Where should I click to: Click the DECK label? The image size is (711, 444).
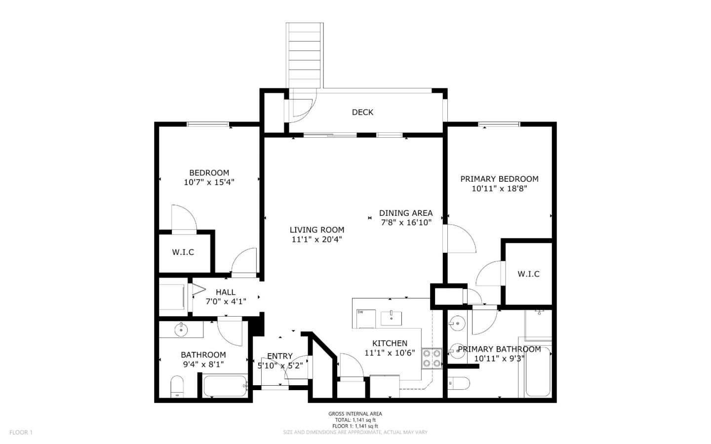pyautogui.click(x=362, y=112)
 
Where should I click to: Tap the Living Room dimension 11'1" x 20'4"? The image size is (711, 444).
pyautogui.click(x=316, y=240)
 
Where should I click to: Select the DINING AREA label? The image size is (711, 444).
pyautogui.click(x=405, y=213)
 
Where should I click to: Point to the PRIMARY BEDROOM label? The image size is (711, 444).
pyautogui.click(x=499, y=179)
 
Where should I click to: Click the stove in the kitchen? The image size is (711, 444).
pyautogui.click(x=431, y=358)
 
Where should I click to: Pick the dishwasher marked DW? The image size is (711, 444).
pyautogui.click(x=366, y=319)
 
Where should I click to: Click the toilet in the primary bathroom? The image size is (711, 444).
pyautogui.click(x=457, y=383)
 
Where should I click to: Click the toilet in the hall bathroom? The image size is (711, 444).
pyautogui.click(x=177, y=386)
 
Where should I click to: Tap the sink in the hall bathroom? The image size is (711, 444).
pyautogui.click(x=181, y=329)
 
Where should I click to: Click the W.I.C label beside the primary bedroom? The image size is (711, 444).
pyautogui.click(x=528, y=274)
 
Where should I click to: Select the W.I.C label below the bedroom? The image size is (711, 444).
pyautogui.click(x=183, y=252)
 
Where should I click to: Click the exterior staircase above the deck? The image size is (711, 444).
pyautogui.click(x=305, y=54)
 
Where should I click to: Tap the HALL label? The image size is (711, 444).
pyautogui.click(x=225, y=292)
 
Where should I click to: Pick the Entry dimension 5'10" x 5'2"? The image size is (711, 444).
pyautogui.click(x=280, y=366)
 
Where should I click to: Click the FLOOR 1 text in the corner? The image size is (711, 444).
pyautogui.click(x=21, y=432)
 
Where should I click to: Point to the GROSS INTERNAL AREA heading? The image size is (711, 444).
pyautogui.click(x=355, y=414)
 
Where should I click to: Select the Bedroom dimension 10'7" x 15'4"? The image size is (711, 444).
pyautogui.click(x=209, y=182)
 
